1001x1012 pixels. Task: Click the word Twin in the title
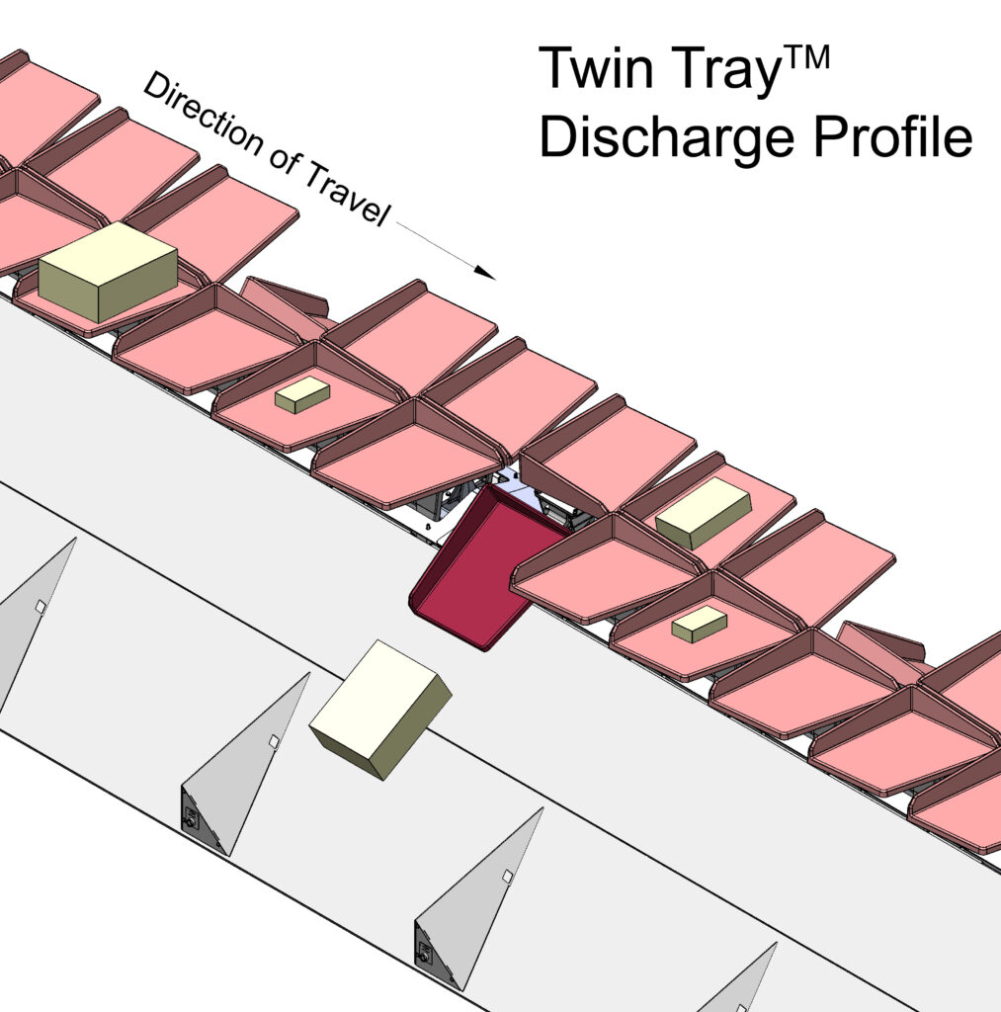tap(596, 68)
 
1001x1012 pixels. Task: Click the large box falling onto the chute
tap(380, 709)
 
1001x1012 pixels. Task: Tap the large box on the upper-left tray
tap(108, 271)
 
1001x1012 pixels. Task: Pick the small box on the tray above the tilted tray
tap(302, 394)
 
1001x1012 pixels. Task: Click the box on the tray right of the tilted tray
tap(703, 513)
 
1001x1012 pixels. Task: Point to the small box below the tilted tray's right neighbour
tap(699, 624)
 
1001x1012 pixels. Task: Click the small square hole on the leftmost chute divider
tap(41, 607)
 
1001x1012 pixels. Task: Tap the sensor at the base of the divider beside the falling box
tap(191, 816)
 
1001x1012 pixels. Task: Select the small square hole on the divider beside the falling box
tap(274, 741)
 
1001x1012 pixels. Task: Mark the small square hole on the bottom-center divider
tap(507, 877)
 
